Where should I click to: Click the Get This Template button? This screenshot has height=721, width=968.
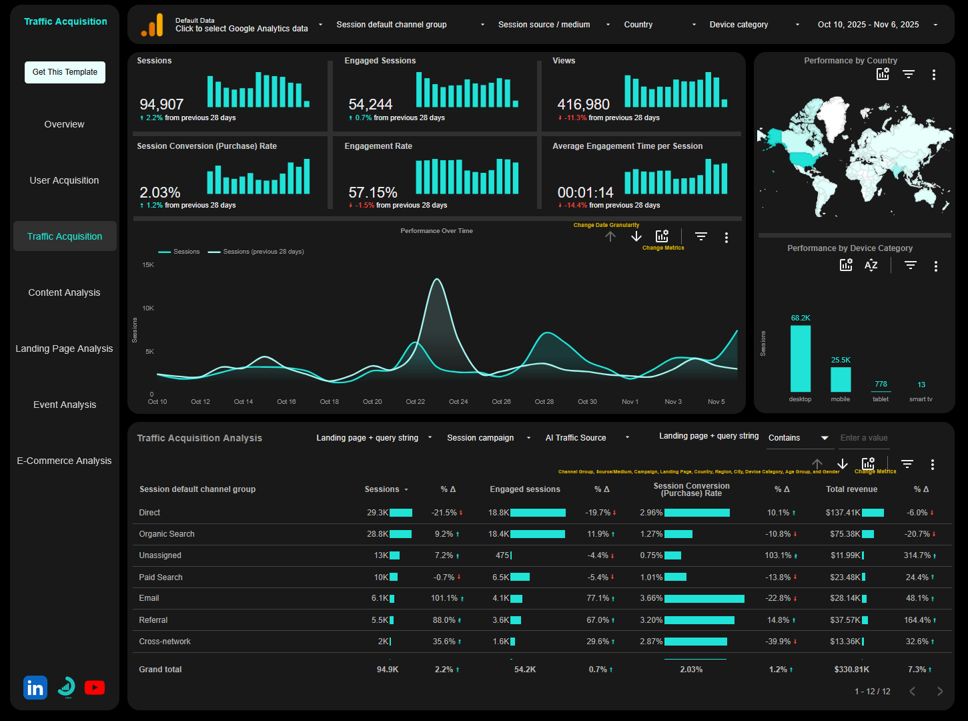(65, 72)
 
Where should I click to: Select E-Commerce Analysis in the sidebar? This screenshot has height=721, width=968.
(64, 461)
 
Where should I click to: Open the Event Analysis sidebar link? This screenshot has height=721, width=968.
(65, 405)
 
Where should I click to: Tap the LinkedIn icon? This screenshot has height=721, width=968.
(35, 688)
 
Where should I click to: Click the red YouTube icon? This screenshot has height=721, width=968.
(95, 688)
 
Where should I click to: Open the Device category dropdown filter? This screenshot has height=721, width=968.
(753, 25)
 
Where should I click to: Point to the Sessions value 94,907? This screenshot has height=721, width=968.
(161, 105)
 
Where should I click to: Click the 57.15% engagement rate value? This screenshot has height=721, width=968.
(373, 193)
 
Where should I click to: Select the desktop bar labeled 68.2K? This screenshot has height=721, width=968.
(800, 358)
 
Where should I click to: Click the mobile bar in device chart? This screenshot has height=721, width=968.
(841, 379)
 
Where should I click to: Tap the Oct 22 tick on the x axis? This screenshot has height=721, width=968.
(415, 402)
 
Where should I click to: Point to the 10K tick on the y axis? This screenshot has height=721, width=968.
(148, 308)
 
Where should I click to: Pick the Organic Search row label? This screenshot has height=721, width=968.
(167, 534)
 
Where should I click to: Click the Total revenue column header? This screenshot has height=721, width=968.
(851, 489)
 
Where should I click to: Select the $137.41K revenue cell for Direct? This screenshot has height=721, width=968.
(843, 513)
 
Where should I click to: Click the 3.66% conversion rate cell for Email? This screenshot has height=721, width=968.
(651, 598)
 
